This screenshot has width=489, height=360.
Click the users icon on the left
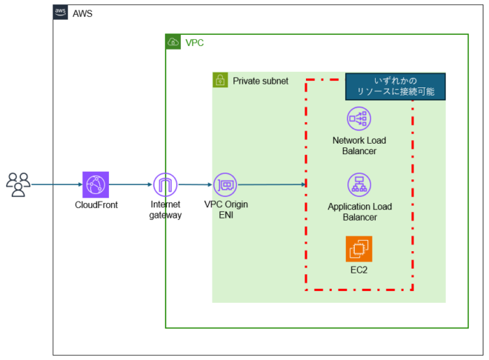(18, 184)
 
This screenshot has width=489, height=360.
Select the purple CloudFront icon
(96, 184)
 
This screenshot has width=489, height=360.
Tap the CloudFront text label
(96, 204)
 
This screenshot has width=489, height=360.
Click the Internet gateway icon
(166, 184)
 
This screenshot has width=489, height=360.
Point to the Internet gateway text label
(166, 210)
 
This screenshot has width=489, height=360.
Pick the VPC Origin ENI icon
(225, 184)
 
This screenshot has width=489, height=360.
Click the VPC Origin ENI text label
(226, 210)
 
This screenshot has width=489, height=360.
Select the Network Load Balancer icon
(359, 119)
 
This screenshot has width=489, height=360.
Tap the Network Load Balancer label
(359, 145)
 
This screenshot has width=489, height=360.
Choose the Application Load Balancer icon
(359, 184)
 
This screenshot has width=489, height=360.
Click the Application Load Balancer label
(359, 212)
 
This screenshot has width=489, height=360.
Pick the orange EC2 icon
(359, 249)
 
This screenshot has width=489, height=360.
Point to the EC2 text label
(359, 270)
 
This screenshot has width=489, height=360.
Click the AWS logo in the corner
(61, 13)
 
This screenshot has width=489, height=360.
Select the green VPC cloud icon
(173, 42)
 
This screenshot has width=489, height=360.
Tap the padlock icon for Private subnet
(220, 80)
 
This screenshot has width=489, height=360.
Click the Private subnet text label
(260, 81)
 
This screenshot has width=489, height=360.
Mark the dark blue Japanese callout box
(395, 86)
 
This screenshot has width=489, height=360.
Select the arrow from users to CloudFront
(56, 184)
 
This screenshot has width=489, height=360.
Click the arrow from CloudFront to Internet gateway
(130, 184)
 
